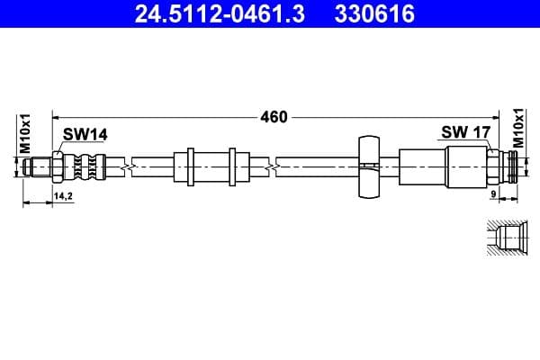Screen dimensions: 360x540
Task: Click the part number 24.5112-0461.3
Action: pyautogui.click(x=216, y=14)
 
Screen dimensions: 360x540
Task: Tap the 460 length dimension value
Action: pyautogui.click(x=274, y=116)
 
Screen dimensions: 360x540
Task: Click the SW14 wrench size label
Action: pyautogui.click(x=85, y=134)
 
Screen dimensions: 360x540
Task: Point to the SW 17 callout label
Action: pyautogui.click(x=465, y=132)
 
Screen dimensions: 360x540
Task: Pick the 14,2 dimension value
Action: pyautogui.click(x=63, y=195)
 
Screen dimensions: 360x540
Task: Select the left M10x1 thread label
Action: pyautogui.click(x=26, y=133)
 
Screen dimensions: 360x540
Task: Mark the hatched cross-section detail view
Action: pyautogui.click(x=506, y=238)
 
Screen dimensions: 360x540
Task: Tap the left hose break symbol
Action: pyautogui.click(x=133, y=166)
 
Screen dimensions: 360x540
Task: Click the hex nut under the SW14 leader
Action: pyautogui.click(x=58, y=166)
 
